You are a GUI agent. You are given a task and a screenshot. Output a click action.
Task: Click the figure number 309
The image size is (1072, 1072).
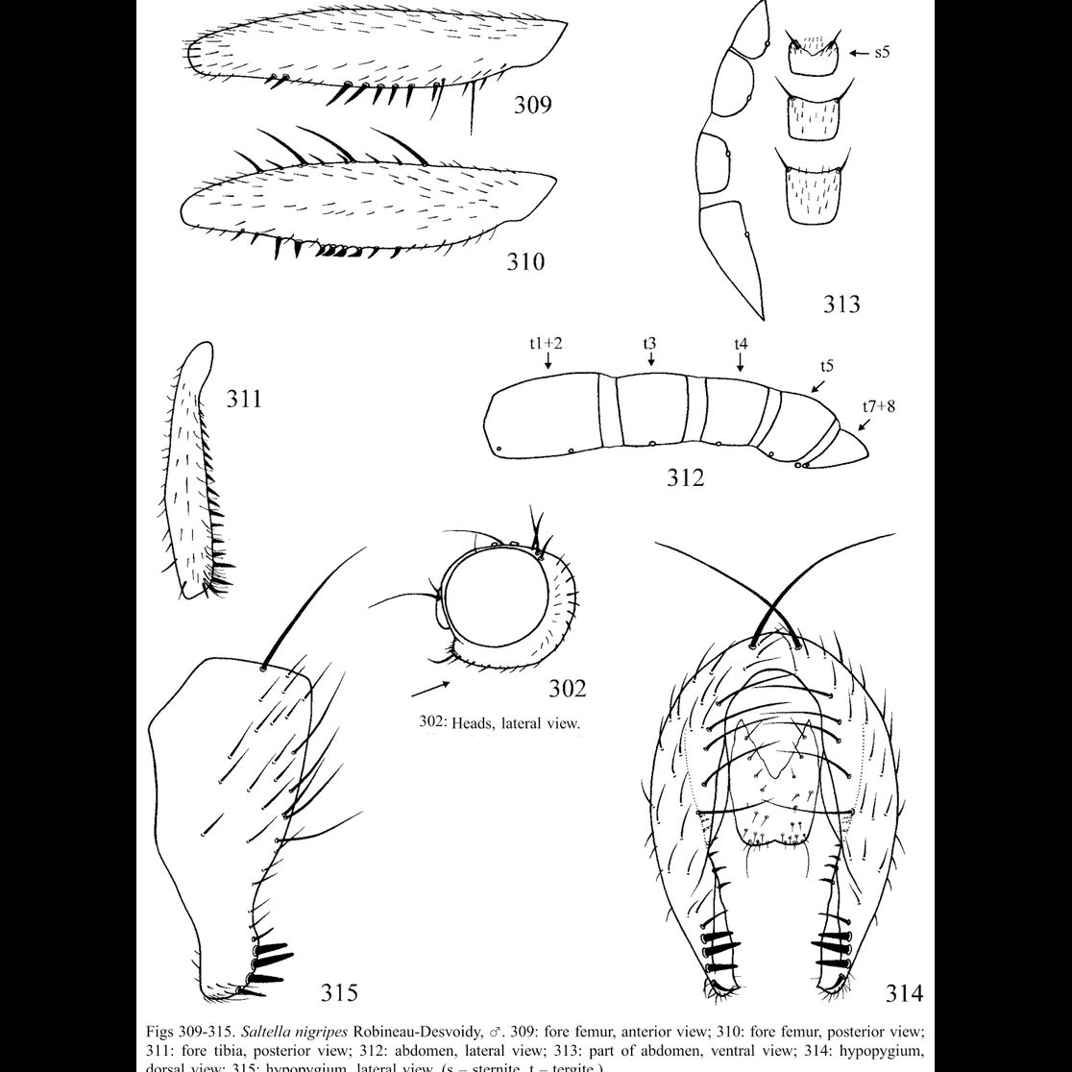[532, 104]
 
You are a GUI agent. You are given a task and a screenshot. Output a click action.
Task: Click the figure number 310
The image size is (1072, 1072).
[525, 260]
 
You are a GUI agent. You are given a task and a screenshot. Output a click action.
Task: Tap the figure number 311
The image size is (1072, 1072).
[244, 397]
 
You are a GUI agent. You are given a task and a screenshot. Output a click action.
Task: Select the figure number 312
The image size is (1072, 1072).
[686, 476]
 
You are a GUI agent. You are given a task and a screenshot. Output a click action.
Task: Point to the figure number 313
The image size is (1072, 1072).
[841, 305]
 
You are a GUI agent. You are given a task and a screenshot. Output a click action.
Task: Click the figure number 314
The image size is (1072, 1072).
[904, 993]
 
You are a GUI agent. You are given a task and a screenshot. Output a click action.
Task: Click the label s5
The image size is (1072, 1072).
[882, 52]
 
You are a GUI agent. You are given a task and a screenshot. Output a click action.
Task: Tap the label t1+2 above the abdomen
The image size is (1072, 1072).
[547, 342]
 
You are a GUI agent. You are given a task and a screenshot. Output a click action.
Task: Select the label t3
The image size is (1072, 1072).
[650, 342]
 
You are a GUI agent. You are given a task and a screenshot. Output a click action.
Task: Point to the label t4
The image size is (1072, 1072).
[741, 342]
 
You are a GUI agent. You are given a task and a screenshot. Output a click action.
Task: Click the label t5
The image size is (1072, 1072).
[826, 366]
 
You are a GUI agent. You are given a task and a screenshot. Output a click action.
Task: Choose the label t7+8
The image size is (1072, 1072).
[879, 406]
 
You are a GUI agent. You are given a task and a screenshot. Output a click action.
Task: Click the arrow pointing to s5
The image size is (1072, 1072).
[858, 53]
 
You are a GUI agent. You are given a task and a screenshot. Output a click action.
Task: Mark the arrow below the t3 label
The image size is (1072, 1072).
[651, 359]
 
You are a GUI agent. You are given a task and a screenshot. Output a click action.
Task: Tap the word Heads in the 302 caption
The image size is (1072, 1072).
[471, 723]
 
